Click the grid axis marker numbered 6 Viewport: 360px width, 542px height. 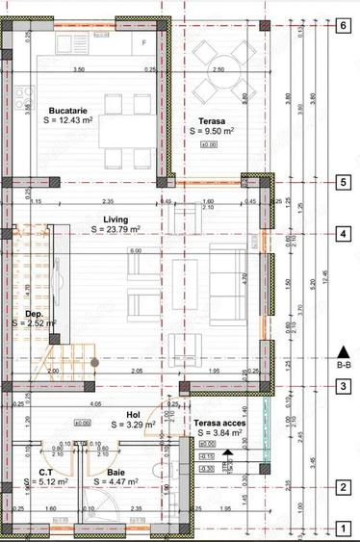click(342, 26)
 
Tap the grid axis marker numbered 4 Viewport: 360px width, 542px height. click(342, 234)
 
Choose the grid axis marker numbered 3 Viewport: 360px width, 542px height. click(342, 387)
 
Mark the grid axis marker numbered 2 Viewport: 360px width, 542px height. click(342, 488)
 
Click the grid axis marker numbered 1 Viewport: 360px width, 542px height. click(342, 529)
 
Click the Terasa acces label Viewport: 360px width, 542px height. click(219, 423)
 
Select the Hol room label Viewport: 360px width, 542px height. click(121, 414)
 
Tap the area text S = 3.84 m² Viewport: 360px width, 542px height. click(219, 433)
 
